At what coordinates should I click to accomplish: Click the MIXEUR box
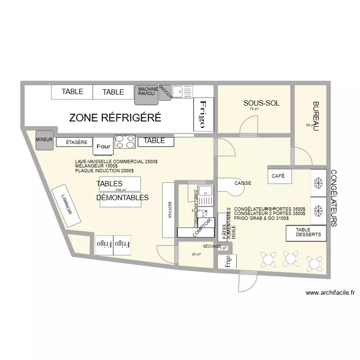coord(44,139)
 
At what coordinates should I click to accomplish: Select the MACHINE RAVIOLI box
coord(146,92)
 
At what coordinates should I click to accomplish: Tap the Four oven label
coord(103,146)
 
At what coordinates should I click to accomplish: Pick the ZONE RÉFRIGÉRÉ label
coord(115,118)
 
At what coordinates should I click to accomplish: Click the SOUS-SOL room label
coord(261,103)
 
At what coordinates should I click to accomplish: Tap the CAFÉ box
coord(278,176)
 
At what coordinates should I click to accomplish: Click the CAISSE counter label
coord(243,183)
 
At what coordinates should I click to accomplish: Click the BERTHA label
coord(169,210)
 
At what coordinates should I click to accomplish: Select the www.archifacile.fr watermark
coord(330,293)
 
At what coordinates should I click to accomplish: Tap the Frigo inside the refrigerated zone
coord(203,115)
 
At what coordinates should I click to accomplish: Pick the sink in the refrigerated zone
coord(182,90)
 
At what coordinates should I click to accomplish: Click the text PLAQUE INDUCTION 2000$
coord(104,171)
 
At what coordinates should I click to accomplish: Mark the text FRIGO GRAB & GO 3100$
coord(261,218)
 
